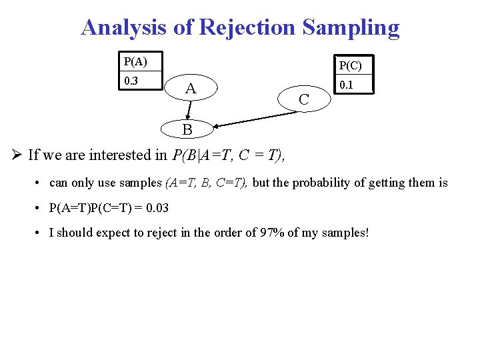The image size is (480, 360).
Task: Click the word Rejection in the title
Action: [247, 28]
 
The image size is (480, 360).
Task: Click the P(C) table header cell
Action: [351, 65]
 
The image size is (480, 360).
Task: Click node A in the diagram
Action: [191, 89]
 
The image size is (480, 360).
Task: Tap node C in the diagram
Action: [304, 100]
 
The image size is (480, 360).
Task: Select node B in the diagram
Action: [187, 129]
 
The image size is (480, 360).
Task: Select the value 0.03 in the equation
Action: [157, 208]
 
